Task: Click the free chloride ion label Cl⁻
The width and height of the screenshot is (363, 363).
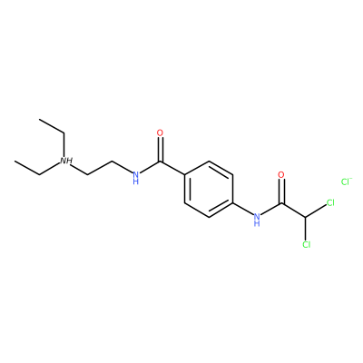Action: pos(347,181)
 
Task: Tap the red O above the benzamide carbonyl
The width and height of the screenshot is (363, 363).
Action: pos(160,132)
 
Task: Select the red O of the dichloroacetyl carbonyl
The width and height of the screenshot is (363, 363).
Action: pos(281,175)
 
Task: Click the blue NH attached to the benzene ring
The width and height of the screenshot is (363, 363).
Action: pos(257,220)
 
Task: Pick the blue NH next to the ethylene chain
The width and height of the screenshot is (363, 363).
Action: pos(136,177)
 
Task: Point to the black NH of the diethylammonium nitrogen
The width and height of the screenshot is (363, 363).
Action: pos(65,161)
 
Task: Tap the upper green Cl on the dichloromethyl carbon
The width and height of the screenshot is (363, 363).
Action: pos(329,202)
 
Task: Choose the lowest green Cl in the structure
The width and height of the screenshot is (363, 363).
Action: pos(306,244)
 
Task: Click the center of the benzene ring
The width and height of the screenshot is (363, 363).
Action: pos(209,189)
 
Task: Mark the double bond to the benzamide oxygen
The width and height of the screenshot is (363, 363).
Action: pos(160,150)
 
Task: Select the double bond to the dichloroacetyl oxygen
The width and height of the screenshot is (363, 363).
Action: pos(281,191)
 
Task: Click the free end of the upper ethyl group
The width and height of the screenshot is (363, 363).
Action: pos(39,119)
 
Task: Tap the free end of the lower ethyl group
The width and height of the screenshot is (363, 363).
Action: pos(15,161)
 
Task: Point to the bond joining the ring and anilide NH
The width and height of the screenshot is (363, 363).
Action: pos(243,209)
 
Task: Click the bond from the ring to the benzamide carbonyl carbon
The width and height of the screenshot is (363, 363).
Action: pos(172,168)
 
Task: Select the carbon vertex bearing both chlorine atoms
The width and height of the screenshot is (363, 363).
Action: pos(306,217)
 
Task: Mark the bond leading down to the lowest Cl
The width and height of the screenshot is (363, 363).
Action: pos(306,229)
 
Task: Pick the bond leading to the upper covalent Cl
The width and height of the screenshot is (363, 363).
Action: pos(316,211)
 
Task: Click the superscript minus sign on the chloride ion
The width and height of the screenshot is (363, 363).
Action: pos(351,179)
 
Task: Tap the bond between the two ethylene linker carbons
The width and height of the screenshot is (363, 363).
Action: pos(100,168)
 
